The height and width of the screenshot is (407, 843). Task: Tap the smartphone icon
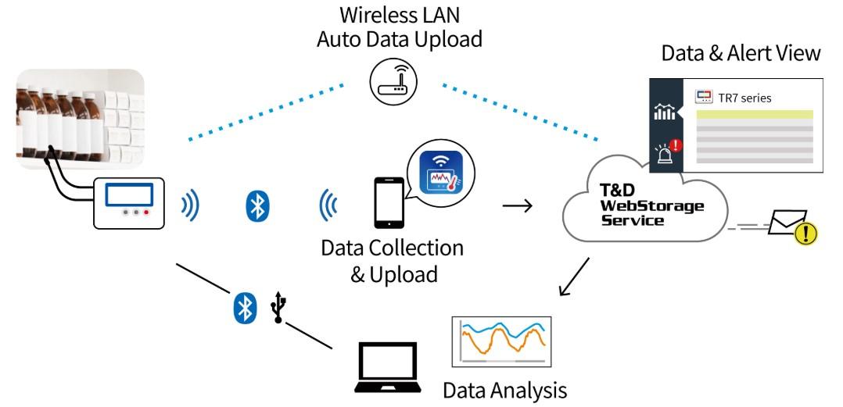pyautogui.click(x=389, y=203)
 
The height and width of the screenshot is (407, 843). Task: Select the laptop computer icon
pyautogui.click(x=388, y=367)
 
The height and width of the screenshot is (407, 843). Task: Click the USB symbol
pyautogui.click(x=278, y=307)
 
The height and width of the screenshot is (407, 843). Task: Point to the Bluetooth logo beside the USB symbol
pyautogui.click(x=245, y=307)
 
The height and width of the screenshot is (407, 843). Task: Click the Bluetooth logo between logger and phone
pyautogui.click(x=257, y=205)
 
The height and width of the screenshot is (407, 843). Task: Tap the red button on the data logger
pyautogui.click(x=146, y=212)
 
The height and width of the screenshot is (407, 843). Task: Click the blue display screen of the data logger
pyautogui.click(x=129, y=195)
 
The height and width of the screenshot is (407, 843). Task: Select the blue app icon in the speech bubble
pyautogui.click(x=441, y=173)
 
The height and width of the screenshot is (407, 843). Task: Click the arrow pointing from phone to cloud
pyautogui.click(x=517, y=205)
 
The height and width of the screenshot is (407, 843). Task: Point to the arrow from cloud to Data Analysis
pyautogui.click(x=574, y=277)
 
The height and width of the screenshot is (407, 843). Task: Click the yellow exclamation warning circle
pyautogui.click(x=805, y=234)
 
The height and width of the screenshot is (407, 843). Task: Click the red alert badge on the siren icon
pyautogui.click(x=676, y=145)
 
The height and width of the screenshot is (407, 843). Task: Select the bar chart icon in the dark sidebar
pyautogui.click(x=665, y=112)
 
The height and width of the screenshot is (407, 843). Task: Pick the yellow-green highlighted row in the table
pyautogui.click(x=755, y=114)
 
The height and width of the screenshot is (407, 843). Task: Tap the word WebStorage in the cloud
pyautogui.click(x=651, y=205)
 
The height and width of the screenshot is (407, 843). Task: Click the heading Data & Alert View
pyautogui.click(x=741, y=53)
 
